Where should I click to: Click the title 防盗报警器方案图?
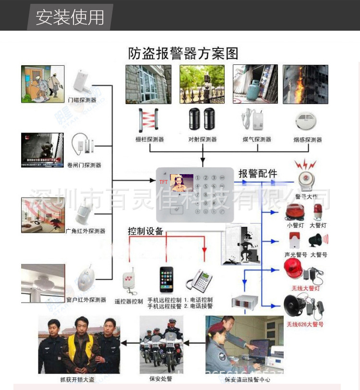(x=183, y=53)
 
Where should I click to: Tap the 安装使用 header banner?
(x=70, y=17)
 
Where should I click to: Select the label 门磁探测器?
(x=82, y=100)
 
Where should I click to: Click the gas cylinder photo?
(x=255, y=84)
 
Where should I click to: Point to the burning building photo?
(x=305, y=84)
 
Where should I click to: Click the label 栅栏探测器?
(x=150, y=140)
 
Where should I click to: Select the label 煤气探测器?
(x=257, y=140)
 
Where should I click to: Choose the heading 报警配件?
(x=258, y=174)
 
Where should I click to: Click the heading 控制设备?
(x=145, y=231)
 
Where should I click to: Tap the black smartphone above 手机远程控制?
(x=166, y=279)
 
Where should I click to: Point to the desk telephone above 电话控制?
(x=199, y=279)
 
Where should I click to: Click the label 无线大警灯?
(x=305, y=288)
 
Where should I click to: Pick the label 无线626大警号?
(x=305, y=324)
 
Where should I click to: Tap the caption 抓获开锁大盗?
(x=80, y=379)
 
